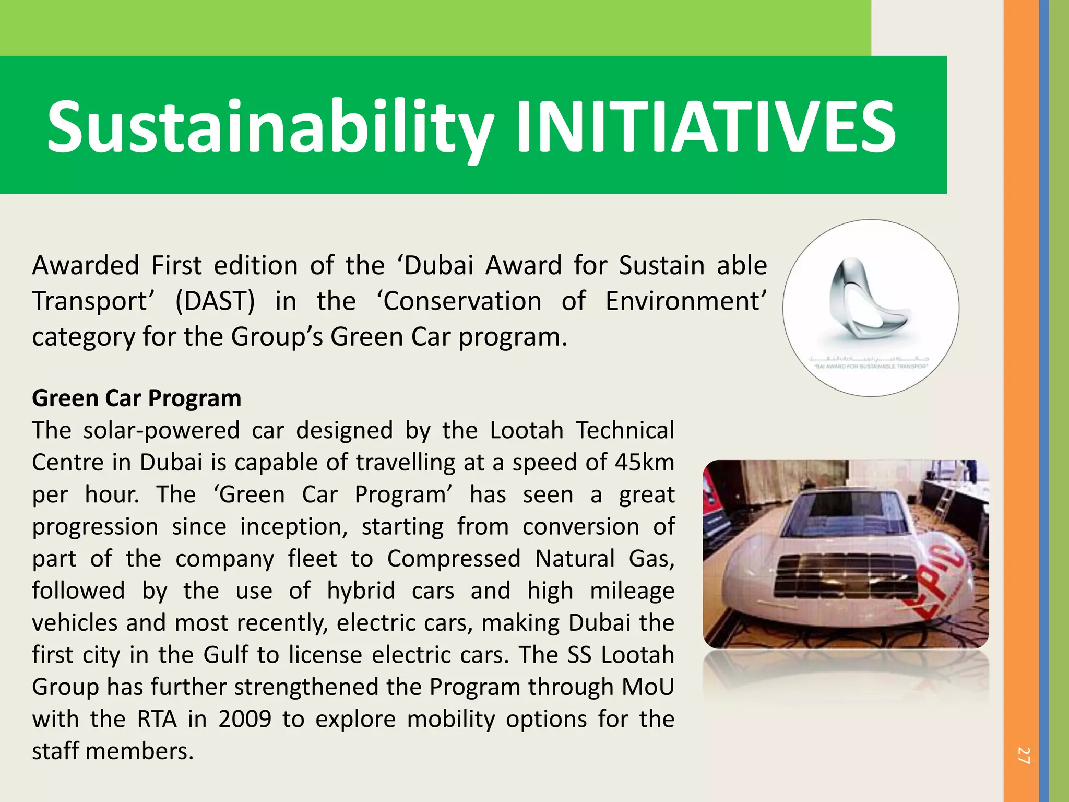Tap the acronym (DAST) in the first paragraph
tap(215, 301)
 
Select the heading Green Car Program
tap(137, 398)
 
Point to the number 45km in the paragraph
tap(644, 463)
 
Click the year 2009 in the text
tap(245, 719)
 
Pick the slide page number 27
tap(1023, 756)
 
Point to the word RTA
tap(157, 719)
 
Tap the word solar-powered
tap(161, 431)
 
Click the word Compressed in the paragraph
tap(454, 559)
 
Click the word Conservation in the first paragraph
tap(462, 301)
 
